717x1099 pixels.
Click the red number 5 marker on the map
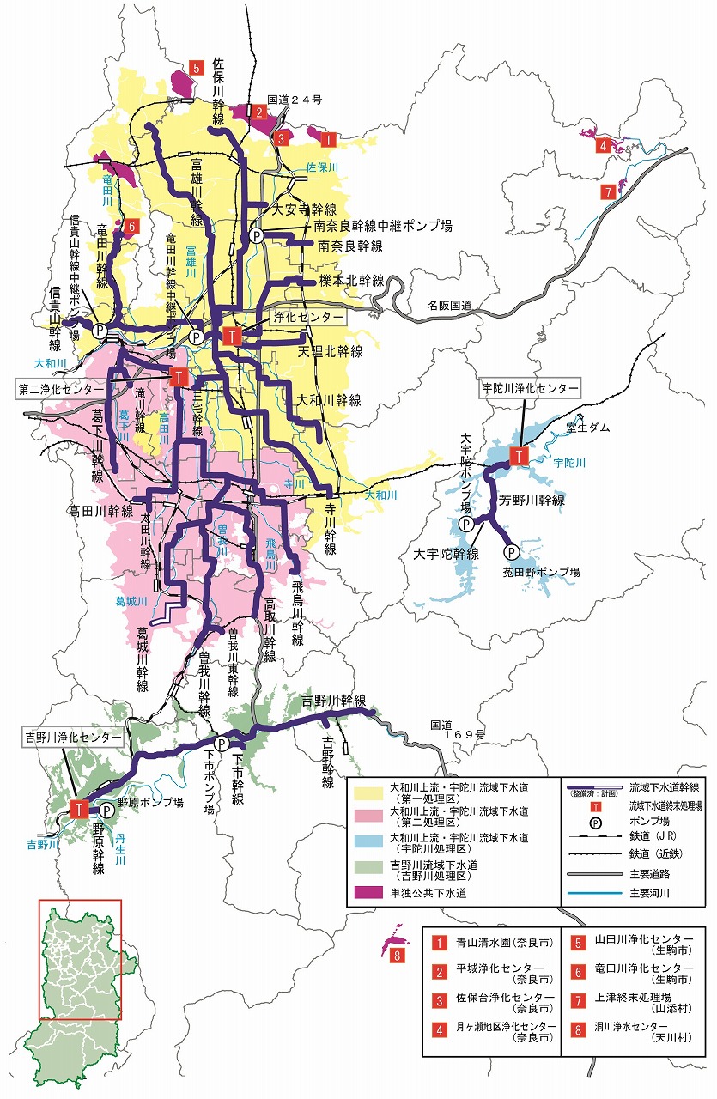[x=197, y=67]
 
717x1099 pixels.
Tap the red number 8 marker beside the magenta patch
[x=396, y=956]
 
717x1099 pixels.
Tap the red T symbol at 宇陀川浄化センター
[x=519, y=456]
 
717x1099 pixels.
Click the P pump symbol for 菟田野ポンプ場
[x=511, y=552]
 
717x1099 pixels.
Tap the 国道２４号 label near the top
[x=295, y=100]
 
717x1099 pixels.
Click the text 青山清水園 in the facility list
[x=491, y=943]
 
